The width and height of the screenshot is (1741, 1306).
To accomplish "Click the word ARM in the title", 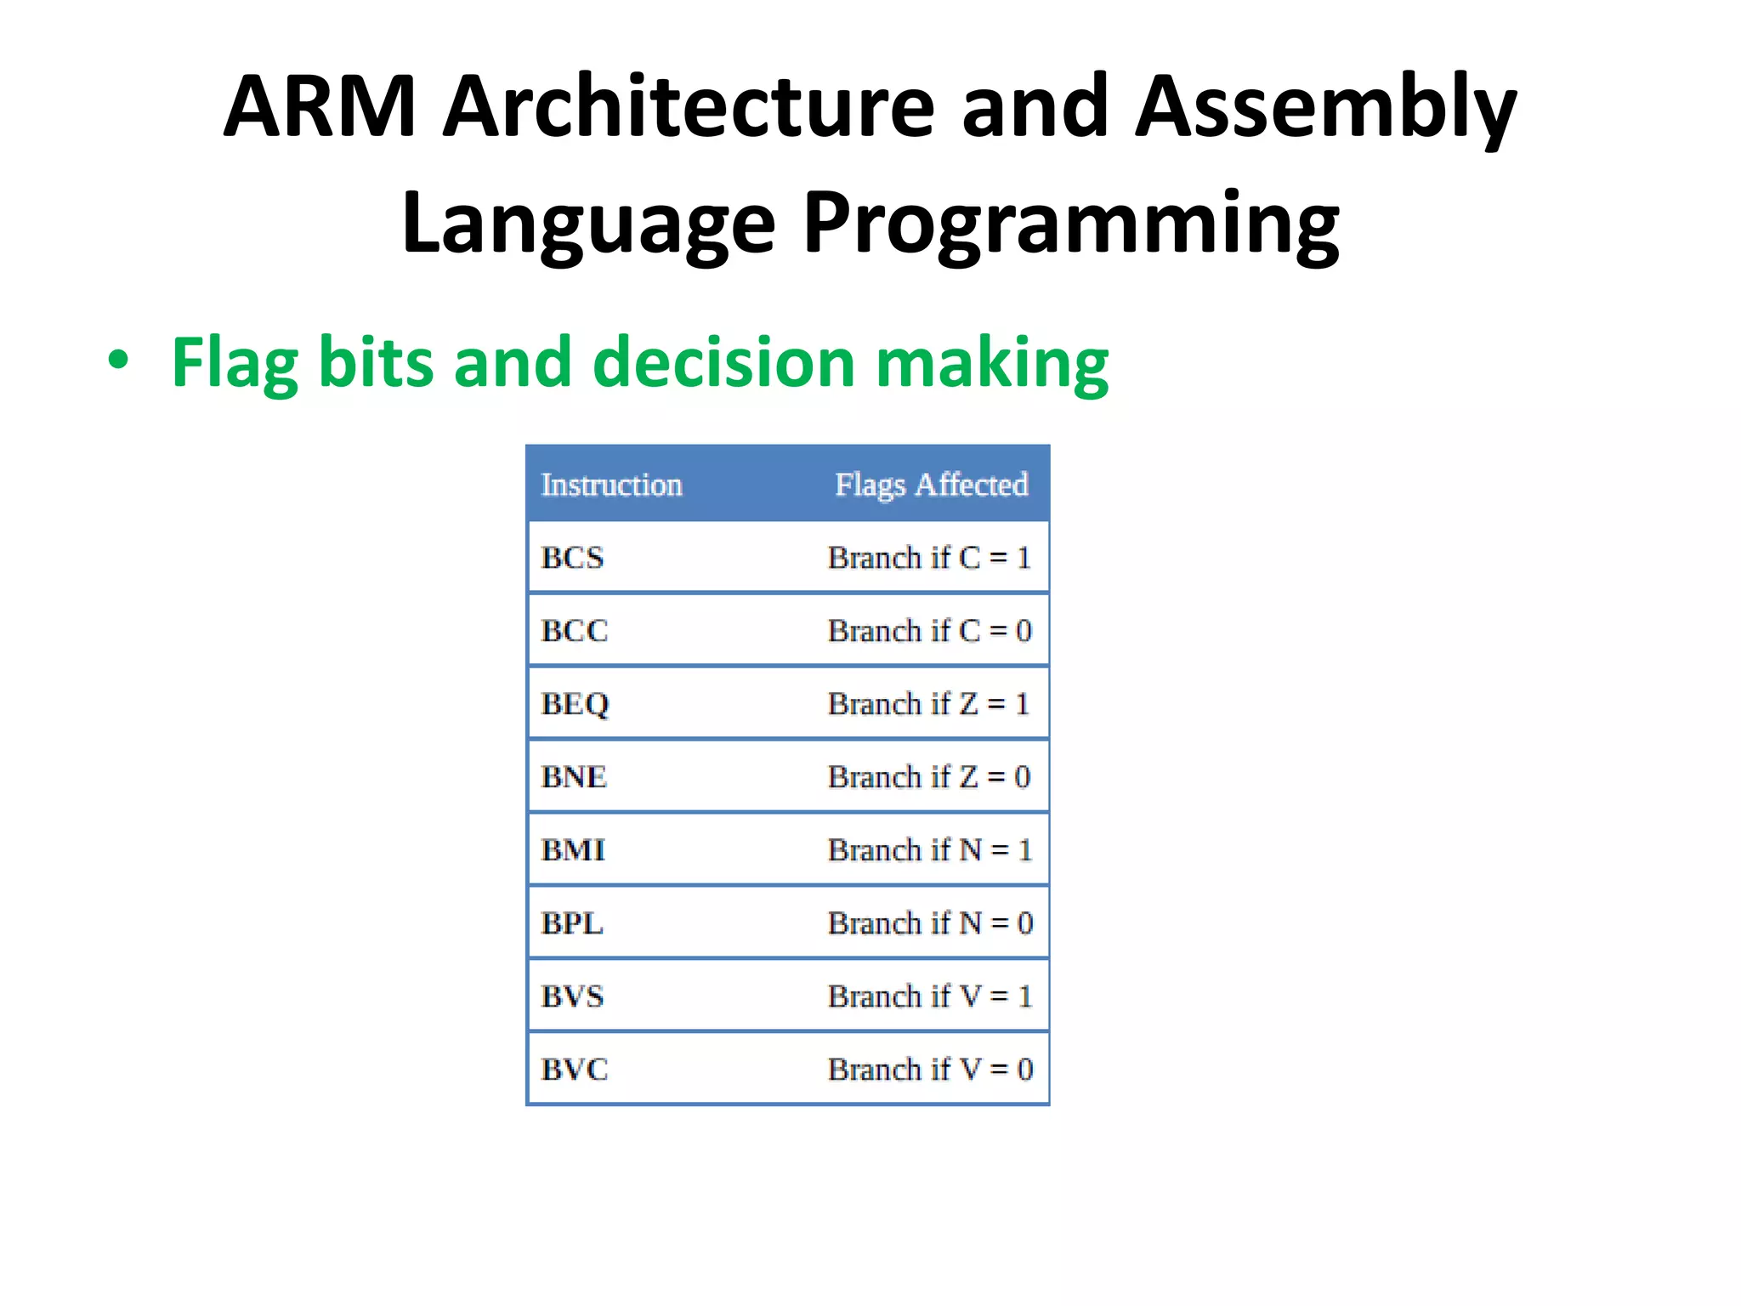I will click(320, 107).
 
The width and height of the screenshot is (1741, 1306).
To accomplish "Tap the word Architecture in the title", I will click(689, 107).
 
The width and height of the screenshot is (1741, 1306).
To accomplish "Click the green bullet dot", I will click(118, 361).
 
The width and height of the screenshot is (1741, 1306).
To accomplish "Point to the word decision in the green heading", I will click(723, 362).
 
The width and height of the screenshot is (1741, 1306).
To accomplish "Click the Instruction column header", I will click(611, 485).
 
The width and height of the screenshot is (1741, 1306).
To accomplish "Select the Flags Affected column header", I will click(931, 485).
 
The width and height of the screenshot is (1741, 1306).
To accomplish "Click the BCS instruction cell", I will click(572, 558).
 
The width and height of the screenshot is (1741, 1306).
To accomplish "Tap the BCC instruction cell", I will click(575, 631).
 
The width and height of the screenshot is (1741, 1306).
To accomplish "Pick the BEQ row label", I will click(576, 704).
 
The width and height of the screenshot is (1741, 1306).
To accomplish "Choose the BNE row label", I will click(574, 777).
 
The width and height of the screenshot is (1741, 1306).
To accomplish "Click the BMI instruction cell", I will click(573, 850).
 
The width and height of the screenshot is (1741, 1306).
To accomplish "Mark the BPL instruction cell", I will click(572, 923).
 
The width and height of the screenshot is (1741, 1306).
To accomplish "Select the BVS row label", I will click(572, 997).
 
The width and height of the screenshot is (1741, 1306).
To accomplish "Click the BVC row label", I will click(575, 1070).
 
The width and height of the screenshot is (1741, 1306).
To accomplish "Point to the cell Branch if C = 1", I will click(929, 558).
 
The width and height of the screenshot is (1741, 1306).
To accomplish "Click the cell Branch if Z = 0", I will click(929, 777).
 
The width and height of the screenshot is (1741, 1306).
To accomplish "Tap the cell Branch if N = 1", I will click(929, 850).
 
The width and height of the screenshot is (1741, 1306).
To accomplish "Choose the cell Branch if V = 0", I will click(929, 1070).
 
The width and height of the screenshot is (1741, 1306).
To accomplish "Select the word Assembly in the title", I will click(1326, 107).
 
